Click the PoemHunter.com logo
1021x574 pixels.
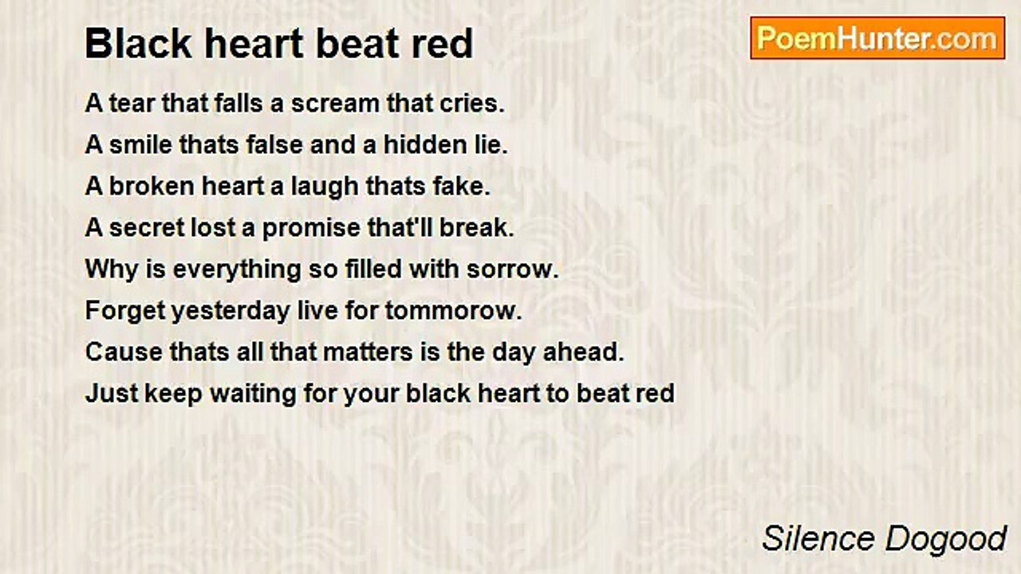click(x=877, y=38)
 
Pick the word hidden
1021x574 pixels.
click(x=424, y=145)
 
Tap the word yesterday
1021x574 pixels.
click(x=227, y=311)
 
